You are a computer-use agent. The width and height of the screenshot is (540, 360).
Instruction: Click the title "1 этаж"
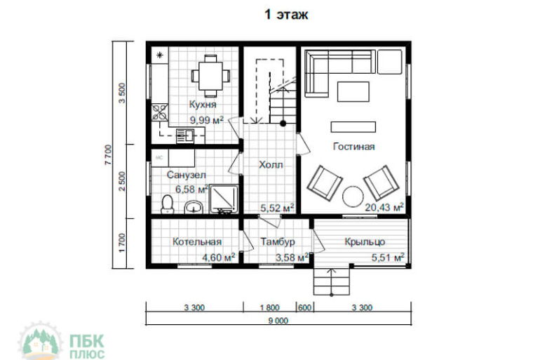pyautogui.click(x=286, y=15)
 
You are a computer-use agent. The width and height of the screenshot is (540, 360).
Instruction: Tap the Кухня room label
pyautogui.click(x=203, y=105)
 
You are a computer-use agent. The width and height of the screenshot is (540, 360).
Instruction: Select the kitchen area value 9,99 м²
pyautogui.click(x=207, y=120)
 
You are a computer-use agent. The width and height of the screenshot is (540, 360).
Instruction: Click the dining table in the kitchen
pyautogui.click(x=211, y=76)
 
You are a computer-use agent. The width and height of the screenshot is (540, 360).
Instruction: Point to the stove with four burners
pyautogui.click(x=160, y=112)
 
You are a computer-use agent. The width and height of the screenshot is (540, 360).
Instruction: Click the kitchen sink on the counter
pyautogui.click(x=185, y=135)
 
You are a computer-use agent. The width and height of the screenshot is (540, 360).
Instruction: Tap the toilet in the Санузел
pyautogui.click(x=168, y=204)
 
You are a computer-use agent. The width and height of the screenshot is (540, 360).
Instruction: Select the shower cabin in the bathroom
pyautogui.click(x=224, y=199)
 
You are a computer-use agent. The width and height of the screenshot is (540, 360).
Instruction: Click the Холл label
pyautogui.click(x=271, y=165)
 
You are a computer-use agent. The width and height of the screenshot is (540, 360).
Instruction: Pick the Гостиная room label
pyautogui.click(x=353, y=147)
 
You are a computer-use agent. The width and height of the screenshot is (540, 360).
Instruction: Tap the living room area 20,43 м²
pyautogui.click(x=384, y=207)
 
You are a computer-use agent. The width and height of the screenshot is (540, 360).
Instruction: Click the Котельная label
pyautogui.click(x=196, y=241)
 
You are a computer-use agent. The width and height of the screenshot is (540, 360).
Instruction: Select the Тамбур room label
pyautogui.click(x=278, y=241)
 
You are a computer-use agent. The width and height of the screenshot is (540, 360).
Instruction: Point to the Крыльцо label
pyautogui.click(x=365, y=242)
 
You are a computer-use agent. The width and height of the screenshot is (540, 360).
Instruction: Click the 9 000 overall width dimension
pyautogui.click(x=278, y=321)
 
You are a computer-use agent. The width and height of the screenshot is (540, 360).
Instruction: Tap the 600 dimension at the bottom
pyautogui.click(x=305, y=307)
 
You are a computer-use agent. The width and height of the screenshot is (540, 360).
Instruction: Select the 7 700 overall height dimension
pyautogui.click(x=108, y=154)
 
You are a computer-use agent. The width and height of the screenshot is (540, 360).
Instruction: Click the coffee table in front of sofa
pyautogui.click(x=353, y=92)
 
